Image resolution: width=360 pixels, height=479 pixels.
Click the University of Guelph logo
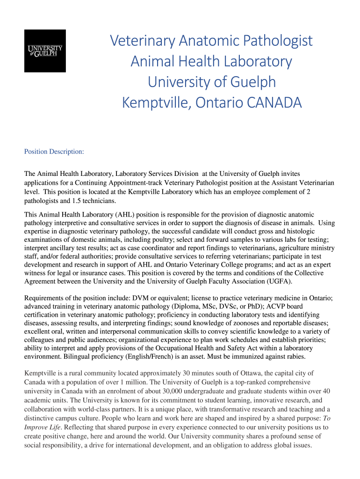[45, 51]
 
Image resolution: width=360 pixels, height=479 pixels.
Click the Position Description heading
[54, 152]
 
